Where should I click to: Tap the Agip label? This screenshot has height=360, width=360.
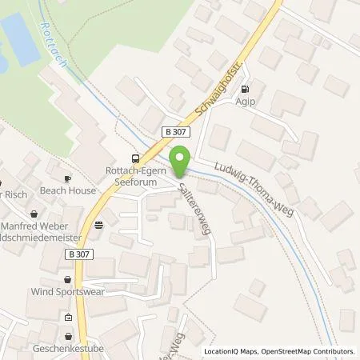click(244, 102)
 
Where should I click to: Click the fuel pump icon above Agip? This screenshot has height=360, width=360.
click(244, 89)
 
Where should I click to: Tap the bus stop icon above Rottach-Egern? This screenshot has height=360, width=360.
click(136, 158)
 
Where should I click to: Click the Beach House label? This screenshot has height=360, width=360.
click(70, 190)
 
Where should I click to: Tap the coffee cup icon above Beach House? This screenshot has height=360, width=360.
click(69, 178)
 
